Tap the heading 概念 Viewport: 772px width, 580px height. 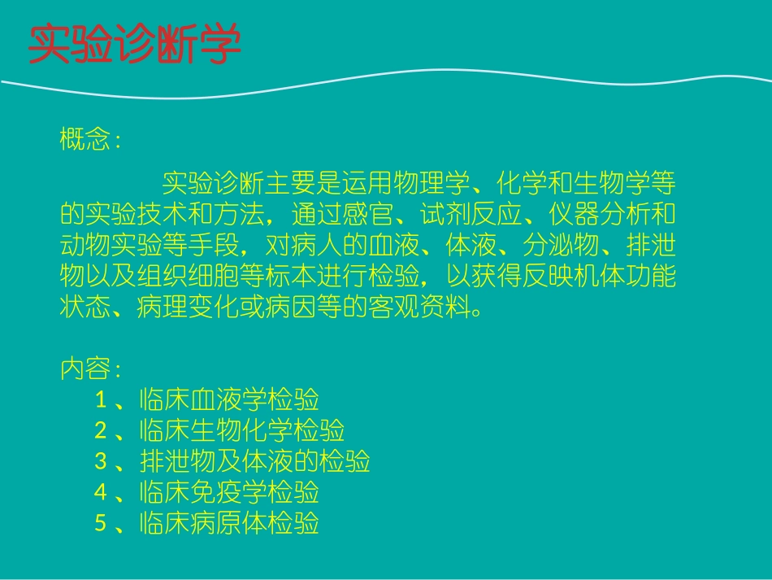[x=85, y=140]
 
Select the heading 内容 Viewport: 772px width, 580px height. [x=85, y=370]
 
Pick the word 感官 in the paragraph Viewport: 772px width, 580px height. [x=366, y=215]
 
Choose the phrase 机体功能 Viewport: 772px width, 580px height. [x=623, y=277]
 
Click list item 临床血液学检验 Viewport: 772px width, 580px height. [x=229, y=400]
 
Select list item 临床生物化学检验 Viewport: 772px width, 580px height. [x=242, y=430]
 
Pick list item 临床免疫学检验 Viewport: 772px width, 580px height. [x=229, y=493]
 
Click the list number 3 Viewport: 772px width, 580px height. [x=101, y=462]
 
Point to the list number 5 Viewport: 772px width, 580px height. [x=101, y=524]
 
